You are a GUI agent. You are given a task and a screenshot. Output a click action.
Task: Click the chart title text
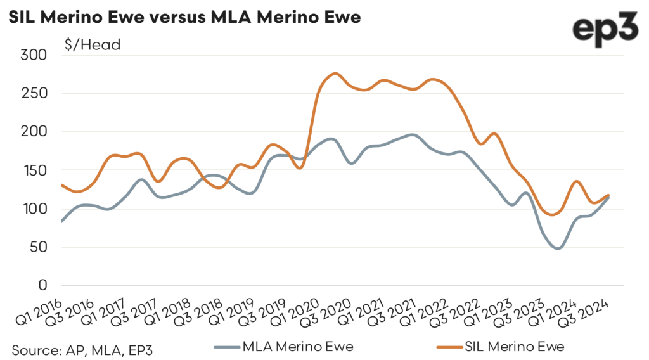184,17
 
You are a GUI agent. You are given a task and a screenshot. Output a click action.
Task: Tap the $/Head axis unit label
93,44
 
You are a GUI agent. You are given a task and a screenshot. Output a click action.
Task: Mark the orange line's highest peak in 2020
335,74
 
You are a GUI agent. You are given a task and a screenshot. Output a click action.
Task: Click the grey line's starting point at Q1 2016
61,221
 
